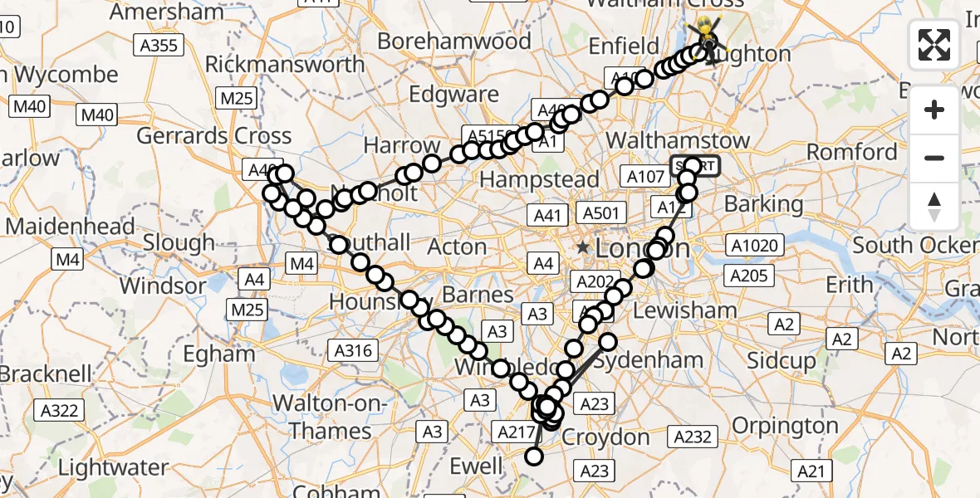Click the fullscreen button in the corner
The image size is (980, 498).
pyautogui.click(x=934, y=45)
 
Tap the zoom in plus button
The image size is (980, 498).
pyautogui.click(x=934, y=110)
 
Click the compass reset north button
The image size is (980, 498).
pyautogui.click(x=934, y=206)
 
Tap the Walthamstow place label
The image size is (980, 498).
pyautogui.click(x=679, y=140)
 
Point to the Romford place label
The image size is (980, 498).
pyautogui.click(x=852, y=152)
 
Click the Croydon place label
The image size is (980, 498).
pyautogui.click(x=605, y=437)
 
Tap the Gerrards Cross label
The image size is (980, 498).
pyautogui.click(x=214, y=135)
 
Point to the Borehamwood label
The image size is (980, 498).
pyautogui.click(x=453, y=41)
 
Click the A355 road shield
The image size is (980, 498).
pyautogui.click(x=159, y=45)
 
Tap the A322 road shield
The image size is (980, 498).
pyautogui.click(x=59, y=409)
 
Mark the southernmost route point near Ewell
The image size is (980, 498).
pyautogui.click(x=534, y=456)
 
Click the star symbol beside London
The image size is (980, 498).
pyautogui.click(x=585, y=247)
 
